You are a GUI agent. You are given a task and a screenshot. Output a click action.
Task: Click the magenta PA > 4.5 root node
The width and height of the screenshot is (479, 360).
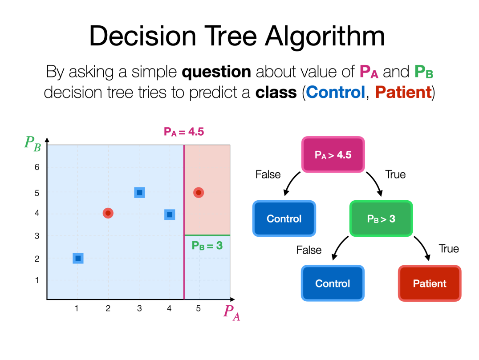point(333,154)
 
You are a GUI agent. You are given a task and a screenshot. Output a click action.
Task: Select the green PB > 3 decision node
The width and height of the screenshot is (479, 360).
point(381,218)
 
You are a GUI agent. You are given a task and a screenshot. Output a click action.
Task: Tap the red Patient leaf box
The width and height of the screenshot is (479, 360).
point(430,283)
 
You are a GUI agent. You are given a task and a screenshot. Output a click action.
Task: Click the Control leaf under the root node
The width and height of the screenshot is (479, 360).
point(284,218)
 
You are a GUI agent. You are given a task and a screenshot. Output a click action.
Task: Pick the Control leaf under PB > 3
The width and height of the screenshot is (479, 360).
point(333,283)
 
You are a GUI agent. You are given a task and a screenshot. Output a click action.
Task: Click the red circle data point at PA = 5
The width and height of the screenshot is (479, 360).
point(199,192)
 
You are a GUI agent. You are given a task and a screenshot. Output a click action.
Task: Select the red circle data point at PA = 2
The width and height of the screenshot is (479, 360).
point(108,213)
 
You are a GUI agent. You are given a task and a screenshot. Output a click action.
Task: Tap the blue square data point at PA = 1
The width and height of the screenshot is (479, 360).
point(78,259)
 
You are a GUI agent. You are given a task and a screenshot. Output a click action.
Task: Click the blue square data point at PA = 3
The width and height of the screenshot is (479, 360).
point(139,192)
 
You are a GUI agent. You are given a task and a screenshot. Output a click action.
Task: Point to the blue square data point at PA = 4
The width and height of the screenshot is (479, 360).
point(170,214)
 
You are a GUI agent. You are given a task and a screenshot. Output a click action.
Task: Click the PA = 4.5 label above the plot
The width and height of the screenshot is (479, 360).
point(184,132)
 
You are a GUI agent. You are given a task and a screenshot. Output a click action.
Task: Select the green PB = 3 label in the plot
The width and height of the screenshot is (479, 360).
point(207,246)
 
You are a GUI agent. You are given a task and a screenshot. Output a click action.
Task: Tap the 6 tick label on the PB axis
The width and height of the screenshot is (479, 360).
point(37,167)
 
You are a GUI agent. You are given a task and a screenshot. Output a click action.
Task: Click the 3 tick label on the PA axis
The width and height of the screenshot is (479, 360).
point(139,308)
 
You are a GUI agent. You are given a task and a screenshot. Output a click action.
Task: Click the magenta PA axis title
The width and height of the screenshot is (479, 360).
point(231,313)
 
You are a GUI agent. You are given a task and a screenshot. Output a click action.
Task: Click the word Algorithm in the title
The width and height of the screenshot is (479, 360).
point(325,36)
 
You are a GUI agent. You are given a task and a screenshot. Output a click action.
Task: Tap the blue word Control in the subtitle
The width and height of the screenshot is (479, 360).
point(335,92)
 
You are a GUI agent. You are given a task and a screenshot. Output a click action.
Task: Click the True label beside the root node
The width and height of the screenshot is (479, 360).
point(395,174)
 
